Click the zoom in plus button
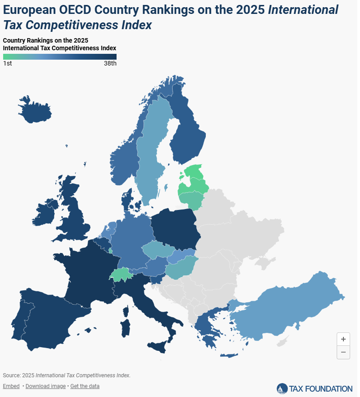coord(343,339)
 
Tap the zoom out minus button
coord(343,352)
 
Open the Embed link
coord(11,386)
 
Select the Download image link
coord(46,386)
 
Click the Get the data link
coord(85,386)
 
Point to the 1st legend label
coord(7,63)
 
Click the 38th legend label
coord(110,63)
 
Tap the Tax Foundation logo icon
coord(282,388)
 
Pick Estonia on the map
coord(194,171)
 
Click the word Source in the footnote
coord(11,375)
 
